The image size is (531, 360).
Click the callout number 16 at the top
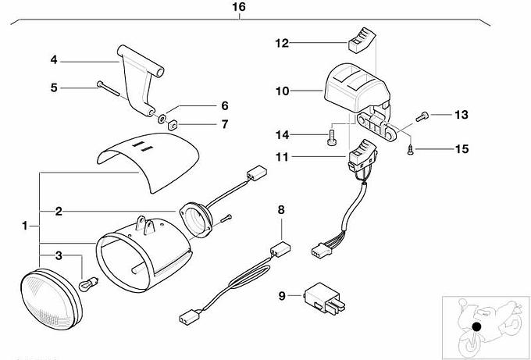[x=239, y=7]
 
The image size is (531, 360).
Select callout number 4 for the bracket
[x=54, y=59]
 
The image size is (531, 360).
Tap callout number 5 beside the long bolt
[x=54, y=87]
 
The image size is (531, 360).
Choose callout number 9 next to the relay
[x=282, y=295]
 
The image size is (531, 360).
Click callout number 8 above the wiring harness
[x=282, y=209]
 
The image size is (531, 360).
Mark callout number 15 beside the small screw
[x=462, y=148]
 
